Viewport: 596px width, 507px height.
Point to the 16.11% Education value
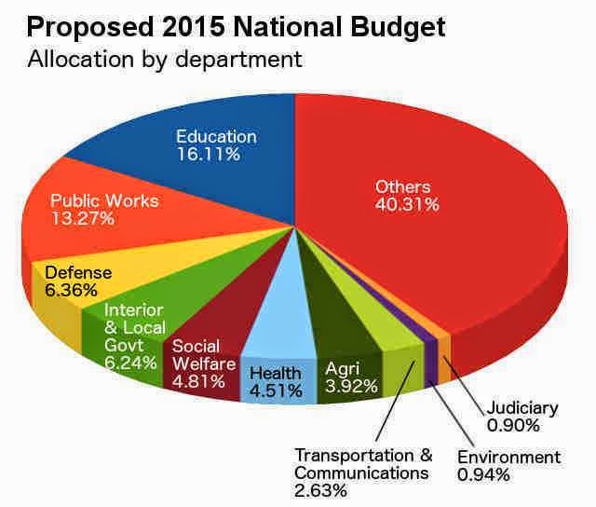[208, 154]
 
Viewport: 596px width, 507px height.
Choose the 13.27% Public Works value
[82, 219]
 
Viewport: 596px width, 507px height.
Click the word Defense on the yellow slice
[78, 273]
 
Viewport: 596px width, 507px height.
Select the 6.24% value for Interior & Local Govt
[130, 363]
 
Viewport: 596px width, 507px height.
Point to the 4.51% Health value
[276, 391]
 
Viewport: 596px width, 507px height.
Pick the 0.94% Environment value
[481, 475]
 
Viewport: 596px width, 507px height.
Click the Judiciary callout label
[522, 408]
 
